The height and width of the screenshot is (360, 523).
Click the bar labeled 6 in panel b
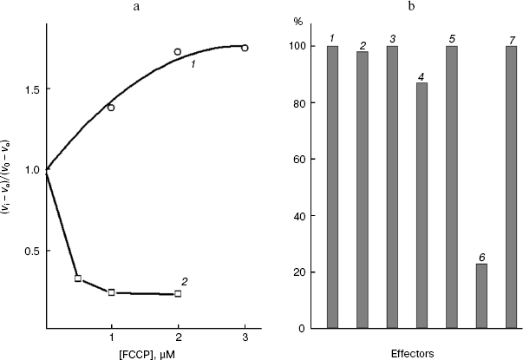[481, 296]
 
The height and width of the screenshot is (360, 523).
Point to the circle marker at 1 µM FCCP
[111, 108]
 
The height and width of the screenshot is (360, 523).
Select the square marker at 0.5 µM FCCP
[78, 278]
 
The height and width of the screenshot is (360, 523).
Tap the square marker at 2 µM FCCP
[178, 294]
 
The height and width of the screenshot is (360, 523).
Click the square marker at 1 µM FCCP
[111, 292]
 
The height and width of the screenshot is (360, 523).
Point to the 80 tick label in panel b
[299, 103]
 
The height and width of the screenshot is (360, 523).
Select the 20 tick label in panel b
[299, 272]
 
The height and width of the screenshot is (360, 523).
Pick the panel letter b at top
[411, 6]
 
